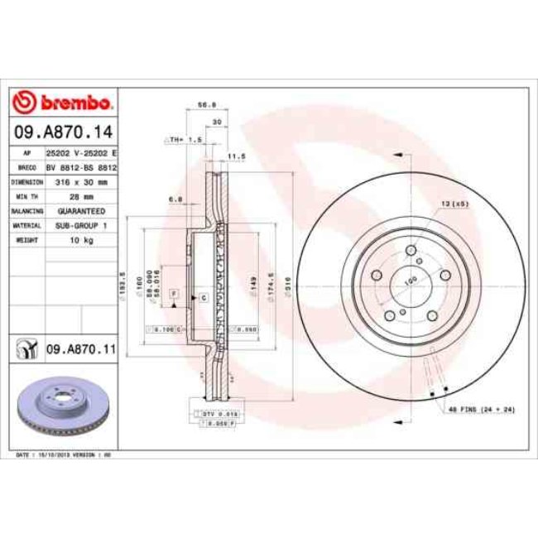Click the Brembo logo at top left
pos(62,103)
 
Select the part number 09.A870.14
pos(62,132)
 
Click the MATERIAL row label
pos(26,225)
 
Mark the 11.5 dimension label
pos(237,155)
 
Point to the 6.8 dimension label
pos(175,199)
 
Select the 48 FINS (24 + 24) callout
pos(481,409)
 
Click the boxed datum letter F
pos(174,294)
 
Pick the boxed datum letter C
pos(202,295)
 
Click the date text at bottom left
pos(64,455)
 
